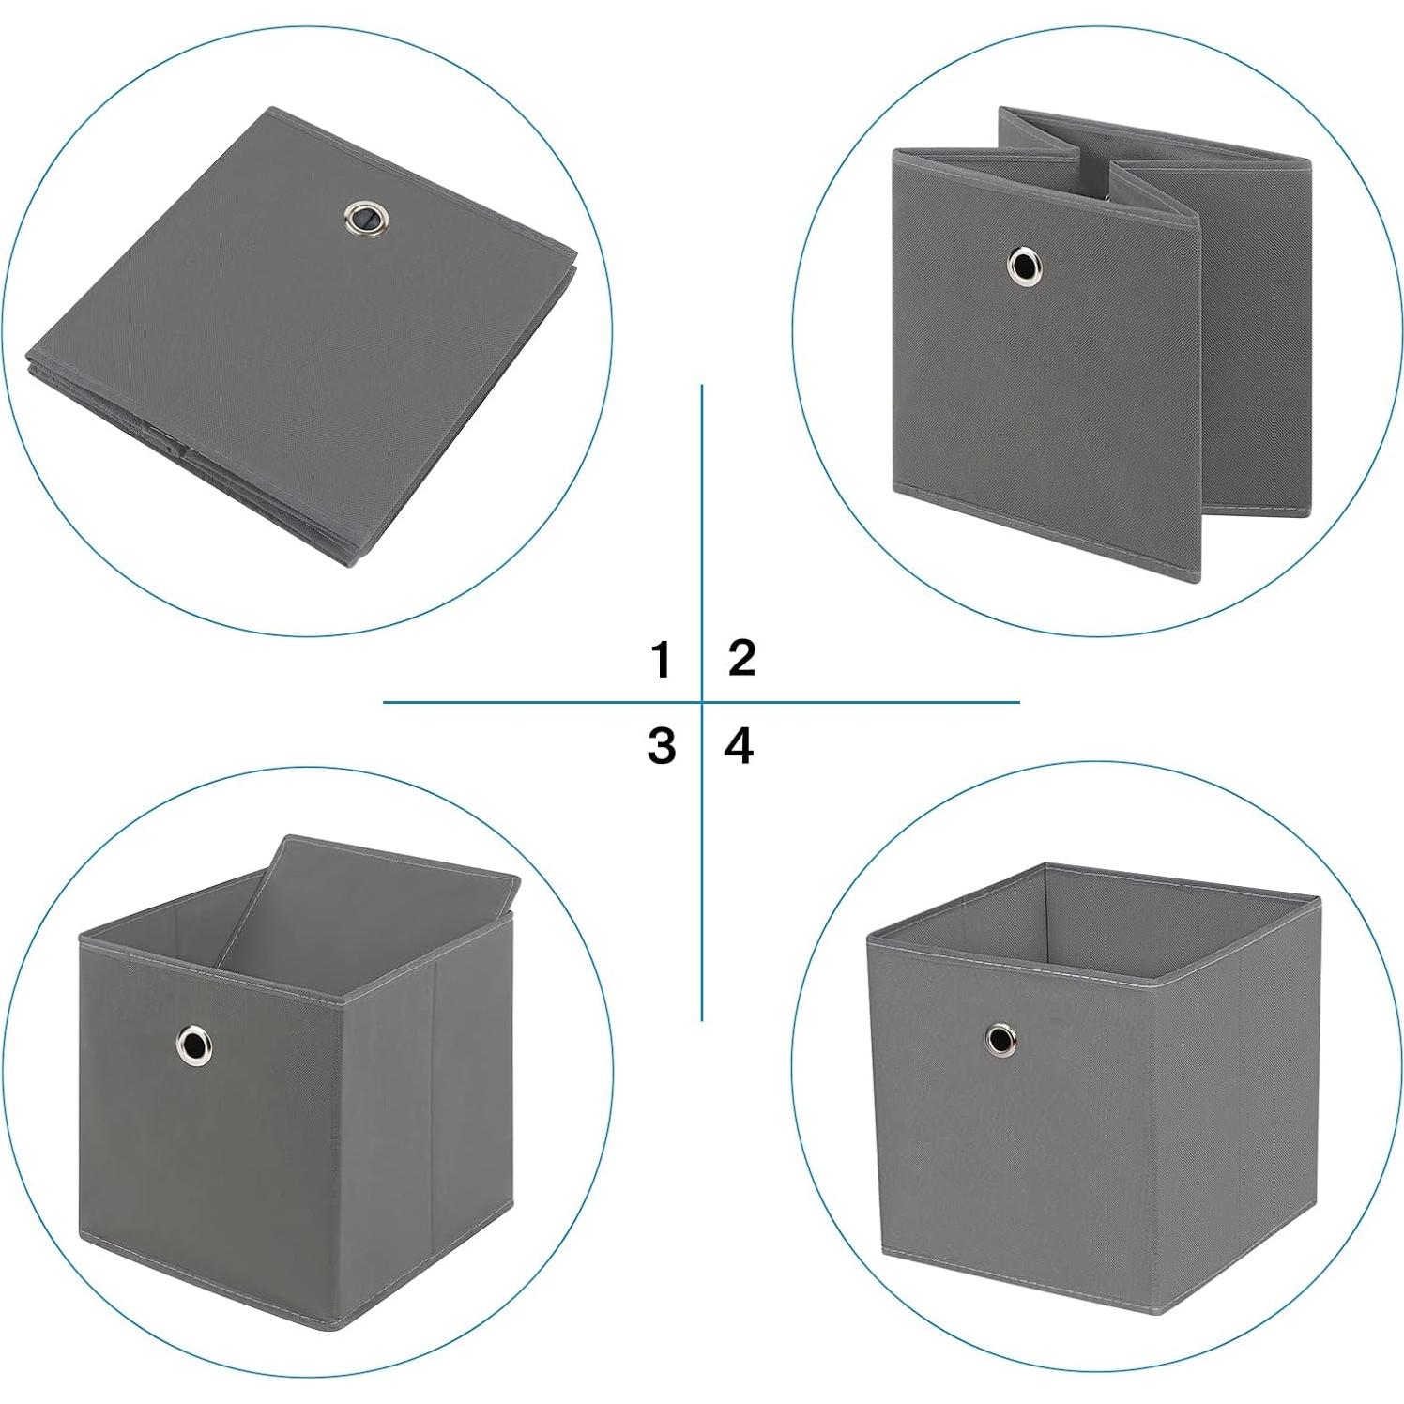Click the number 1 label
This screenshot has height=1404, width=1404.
click(661, 659)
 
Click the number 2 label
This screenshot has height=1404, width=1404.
click(741, 657)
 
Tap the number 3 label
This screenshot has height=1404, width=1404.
click(661, 746)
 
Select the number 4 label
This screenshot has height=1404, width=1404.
click(740, 746)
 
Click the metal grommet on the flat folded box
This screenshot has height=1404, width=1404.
click(360, 218)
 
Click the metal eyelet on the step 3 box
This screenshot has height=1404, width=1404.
click(194, 1042)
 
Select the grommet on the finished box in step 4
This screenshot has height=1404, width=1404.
click(999, 1038)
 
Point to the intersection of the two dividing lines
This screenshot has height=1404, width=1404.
click(702, 702)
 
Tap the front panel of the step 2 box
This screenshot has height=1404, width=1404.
click(1042, 375)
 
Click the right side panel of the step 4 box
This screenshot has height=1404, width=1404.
click(1234, 1126)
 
